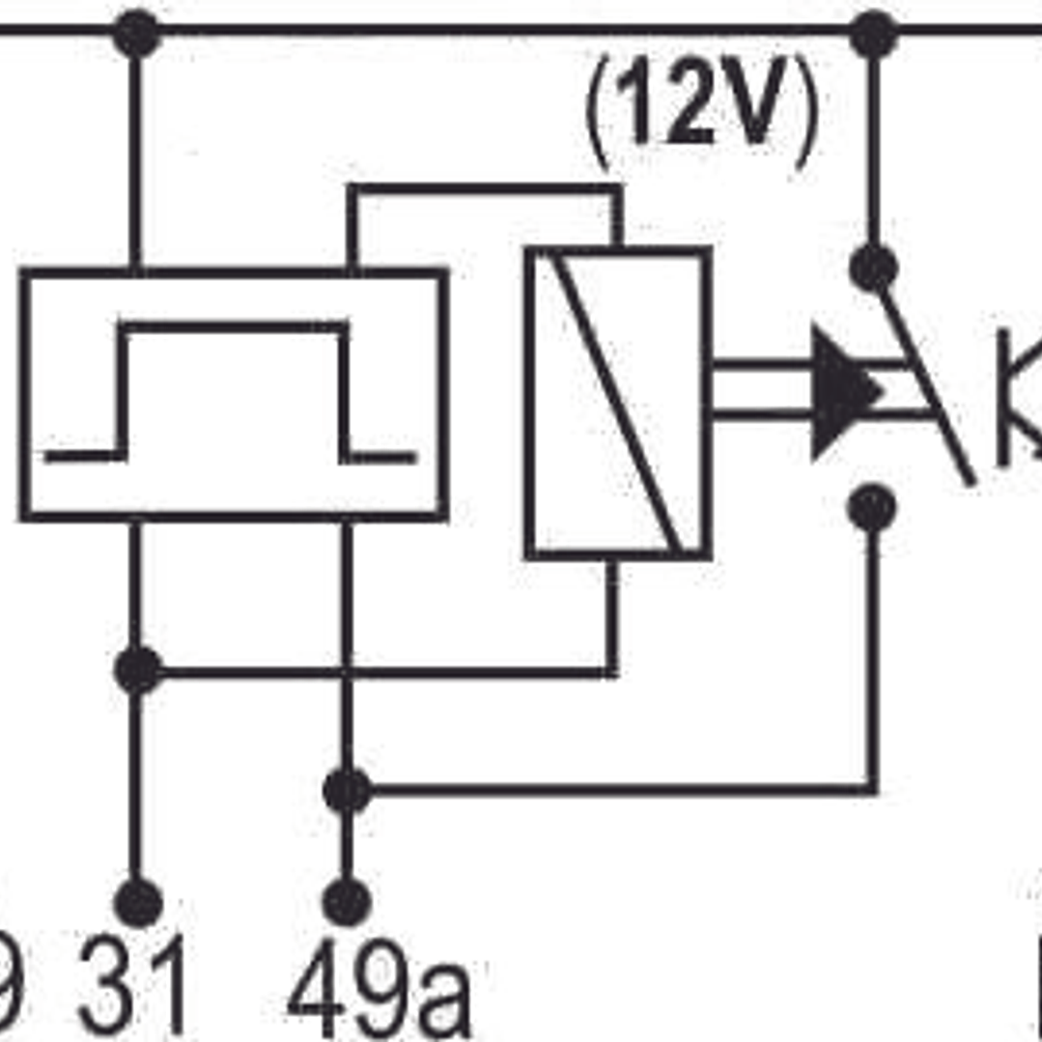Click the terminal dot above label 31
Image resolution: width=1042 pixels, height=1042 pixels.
point(137,903)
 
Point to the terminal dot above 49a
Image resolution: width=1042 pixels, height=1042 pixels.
point(347,903)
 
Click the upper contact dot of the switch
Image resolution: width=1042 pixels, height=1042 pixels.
point(873,268)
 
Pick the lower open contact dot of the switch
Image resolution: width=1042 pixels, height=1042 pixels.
point(872,508)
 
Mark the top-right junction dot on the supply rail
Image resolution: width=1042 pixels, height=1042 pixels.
point(873,34)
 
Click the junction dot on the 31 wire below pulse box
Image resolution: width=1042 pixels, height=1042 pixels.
point(137,670)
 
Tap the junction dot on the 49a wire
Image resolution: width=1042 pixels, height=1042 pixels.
point(347,791)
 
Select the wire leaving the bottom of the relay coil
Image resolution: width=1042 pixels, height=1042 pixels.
point(612,618)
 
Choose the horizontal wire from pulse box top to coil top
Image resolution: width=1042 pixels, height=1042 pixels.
point(483,188)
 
